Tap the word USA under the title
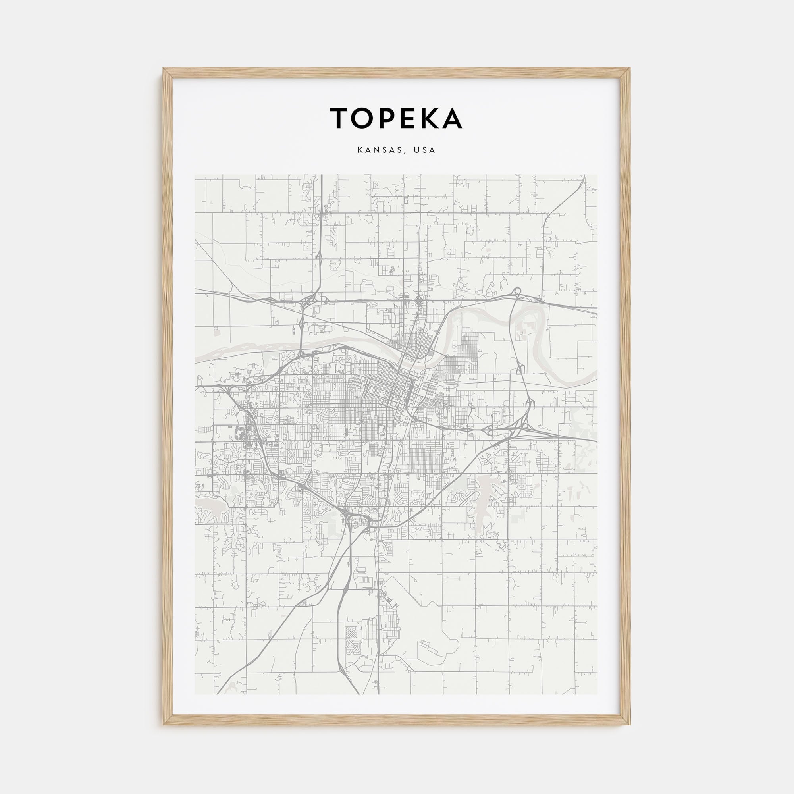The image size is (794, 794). click(x=425, y=150)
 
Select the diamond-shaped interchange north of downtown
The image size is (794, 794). click(x=419, y=301)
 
